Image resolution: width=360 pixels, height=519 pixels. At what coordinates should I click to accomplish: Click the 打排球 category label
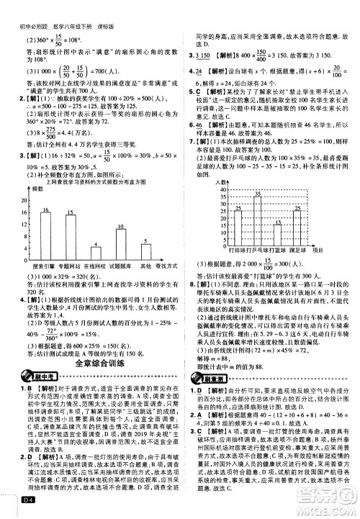tap(235, 251)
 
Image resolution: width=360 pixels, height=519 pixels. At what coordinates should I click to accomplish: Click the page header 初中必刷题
tap(22, 7)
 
